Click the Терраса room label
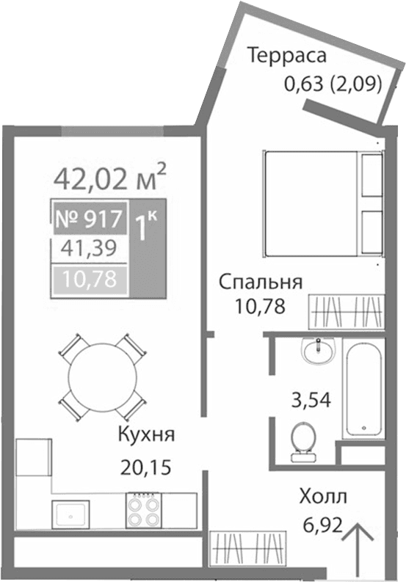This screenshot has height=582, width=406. [x=286, y=56]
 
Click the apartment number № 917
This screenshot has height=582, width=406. [x=87, y=219]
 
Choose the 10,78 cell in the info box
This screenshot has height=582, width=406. [x=87, y=279]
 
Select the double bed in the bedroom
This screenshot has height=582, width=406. [x=322, y=202]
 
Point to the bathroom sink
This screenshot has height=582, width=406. [x=317, y=350]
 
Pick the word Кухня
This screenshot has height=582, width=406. [x=145, y=434]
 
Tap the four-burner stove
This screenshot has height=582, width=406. [x=144, y=510]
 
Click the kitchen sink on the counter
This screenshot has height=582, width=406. [x=70, y=513]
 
